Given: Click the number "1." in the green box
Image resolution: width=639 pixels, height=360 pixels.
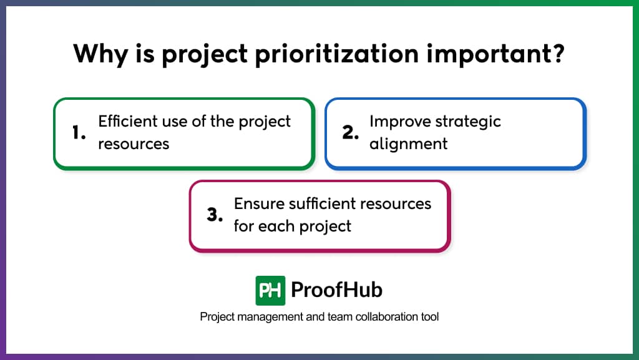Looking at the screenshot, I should pyautogui.click(x=79, y=133).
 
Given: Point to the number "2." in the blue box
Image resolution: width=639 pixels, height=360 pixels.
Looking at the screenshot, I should pyautogui.click(x=349, y=133).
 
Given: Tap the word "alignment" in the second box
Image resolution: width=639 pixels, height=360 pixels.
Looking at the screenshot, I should pyautogui.click(x=408, y=144).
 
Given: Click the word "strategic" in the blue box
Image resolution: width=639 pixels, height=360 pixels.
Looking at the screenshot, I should pyautogui.click(x=471, y=121).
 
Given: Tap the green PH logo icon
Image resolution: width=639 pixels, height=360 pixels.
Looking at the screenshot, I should pyautogui.click(x=270, y=290).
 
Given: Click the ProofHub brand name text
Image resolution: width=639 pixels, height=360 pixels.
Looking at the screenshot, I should pyautogui.click(x=337, y=290).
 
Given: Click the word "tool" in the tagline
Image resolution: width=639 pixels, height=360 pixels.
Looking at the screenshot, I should pyautogui.click(x=429, y=317).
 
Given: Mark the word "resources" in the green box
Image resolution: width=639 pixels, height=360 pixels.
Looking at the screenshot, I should pyautogui.click(x=134, y=144).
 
